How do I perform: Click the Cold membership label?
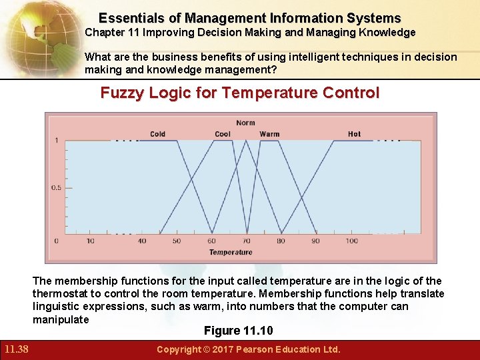pos(157,134)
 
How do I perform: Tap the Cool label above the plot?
pos(223,134)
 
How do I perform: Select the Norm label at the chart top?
pos(245,123)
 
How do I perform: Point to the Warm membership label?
pos(269,134)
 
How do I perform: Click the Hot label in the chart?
pos(354,134)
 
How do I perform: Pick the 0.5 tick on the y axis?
pos(56,187)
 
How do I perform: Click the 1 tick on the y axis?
pos(56,140)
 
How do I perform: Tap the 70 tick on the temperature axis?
pos(246,241)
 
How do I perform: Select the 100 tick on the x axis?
pos(351,241)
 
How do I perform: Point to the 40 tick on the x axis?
pos(142,241)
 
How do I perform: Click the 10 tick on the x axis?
pos(91,241)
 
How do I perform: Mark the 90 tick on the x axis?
pos(315,241)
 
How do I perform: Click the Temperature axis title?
pos(231,252)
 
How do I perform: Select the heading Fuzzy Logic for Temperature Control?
pos(239,93)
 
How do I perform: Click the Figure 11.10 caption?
pos(239,331)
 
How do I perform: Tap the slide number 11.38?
pos(15,349)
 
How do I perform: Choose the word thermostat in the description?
pos(62,294)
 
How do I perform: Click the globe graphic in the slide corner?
pos(33,33)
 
